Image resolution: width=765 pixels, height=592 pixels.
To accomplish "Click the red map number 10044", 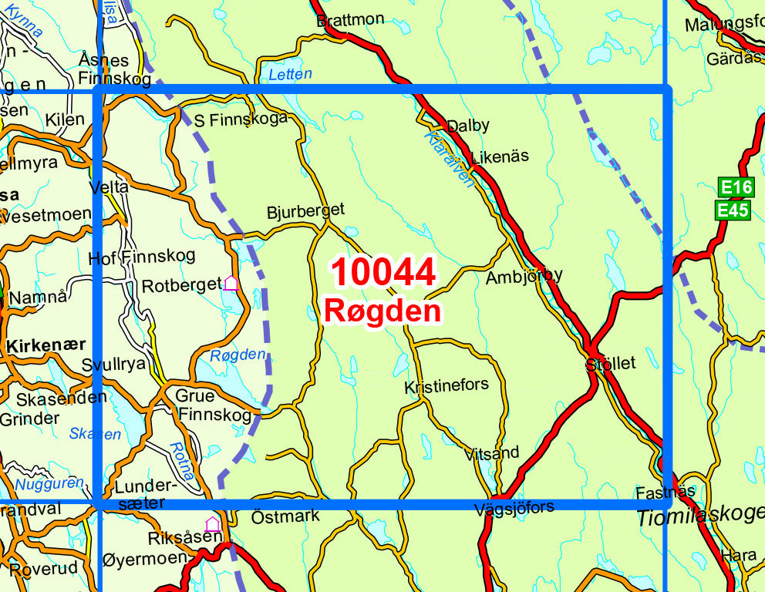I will (383, 273).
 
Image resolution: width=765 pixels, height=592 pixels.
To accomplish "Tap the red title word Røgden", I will (382, 311).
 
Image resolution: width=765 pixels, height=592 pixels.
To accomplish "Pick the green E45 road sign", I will (733, 210).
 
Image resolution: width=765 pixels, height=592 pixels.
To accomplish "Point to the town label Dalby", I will (468, 126).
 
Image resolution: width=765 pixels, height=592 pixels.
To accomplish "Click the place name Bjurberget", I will (305, 210).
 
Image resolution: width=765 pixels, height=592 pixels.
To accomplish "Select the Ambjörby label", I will (524, 276).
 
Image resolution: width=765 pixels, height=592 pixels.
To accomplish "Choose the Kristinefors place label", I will (447, 385).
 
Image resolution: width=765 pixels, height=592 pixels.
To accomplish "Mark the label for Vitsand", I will (492, 452).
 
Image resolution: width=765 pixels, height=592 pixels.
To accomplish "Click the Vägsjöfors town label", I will (515, 507).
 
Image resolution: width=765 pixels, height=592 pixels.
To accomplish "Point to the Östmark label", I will (285, 516).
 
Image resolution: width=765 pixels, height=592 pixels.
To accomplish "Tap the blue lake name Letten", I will (291, 75).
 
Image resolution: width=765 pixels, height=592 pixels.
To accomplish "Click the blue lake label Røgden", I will (238, 355).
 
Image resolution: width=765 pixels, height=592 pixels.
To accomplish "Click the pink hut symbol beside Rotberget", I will (231, 284).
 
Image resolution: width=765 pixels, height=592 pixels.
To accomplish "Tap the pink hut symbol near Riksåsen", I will (212, 524).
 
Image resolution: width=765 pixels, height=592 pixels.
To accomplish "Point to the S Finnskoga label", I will (240, 119).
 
